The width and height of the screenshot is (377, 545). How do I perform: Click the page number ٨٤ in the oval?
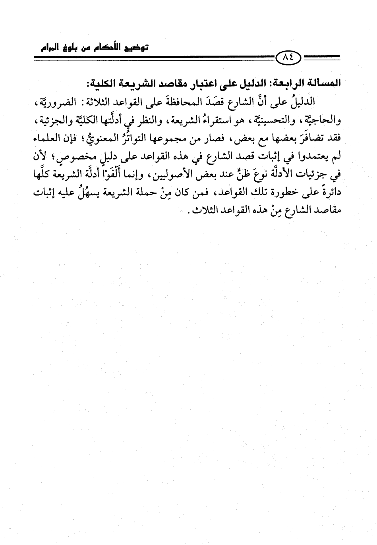[288, 58]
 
